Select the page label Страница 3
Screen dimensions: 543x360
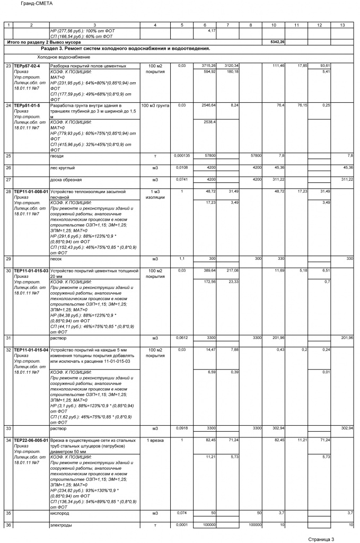tap(321, 539)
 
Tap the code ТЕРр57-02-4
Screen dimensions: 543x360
tap(27, 66)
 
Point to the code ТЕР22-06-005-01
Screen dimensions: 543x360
tap(31, 440)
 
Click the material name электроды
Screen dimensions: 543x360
tap(61, 525)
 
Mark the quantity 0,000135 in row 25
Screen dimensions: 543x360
tap(182, 156)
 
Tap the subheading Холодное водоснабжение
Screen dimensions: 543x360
tap(64, 57)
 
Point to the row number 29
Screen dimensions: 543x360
tap(8, 258)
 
